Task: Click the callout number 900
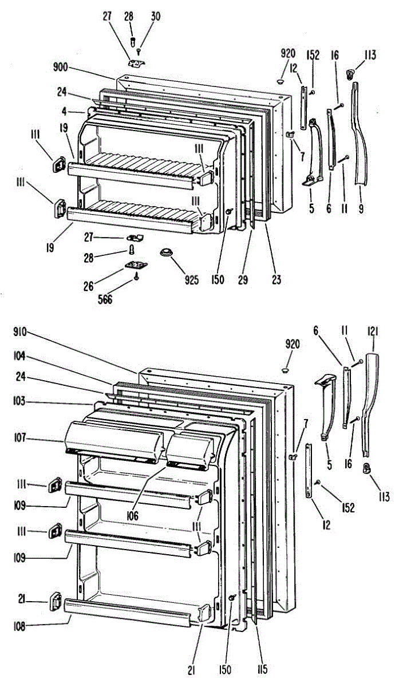60,67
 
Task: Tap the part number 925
192,280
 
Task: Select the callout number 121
373,331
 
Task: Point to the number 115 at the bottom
262,669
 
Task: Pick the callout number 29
246,280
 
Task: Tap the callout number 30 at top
156,17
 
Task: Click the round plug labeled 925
167,253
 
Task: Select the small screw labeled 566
137,277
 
